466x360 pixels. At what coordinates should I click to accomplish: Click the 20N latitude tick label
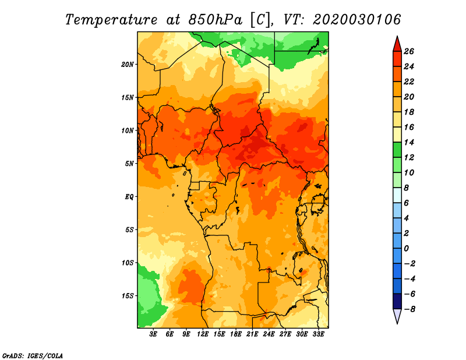pyautogui.click(x=127, y=65)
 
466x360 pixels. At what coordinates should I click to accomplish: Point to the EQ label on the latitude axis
pyautogui.click(x=129, y=197)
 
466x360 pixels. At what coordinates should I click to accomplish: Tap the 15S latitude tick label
pyautogui.click(x=128, y=296)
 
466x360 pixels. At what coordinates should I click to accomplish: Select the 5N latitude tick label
pyautogui.click(x=129, y=164)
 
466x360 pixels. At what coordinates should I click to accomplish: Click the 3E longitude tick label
pyautogui.click(x=153, y=334)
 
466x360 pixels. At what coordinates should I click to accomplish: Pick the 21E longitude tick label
pyautogui.click(x=252, y=334)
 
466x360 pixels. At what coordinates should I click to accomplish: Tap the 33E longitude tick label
pyautogui.click(x=318, y=334)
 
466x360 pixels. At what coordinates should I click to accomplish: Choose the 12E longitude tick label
pyautogui.click(x=203, y=334)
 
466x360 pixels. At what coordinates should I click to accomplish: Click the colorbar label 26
pyautogui.click(x=409, y=51)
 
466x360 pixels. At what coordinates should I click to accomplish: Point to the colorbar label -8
pyautogui.click(x=409, y=309)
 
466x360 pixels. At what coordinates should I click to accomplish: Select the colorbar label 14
pyautogui.click(x=409, y=142)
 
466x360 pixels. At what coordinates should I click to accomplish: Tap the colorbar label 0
pyautogui.click(x=406, y=249)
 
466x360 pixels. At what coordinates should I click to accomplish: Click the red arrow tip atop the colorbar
pyautogui.click(x=397, y=37)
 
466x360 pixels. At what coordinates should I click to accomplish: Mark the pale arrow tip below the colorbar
pyautogui.click(x=397, y=323)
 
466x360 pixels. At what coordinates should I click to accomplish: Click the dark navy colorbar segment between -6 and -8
pyautogui.click(x=397, y=301)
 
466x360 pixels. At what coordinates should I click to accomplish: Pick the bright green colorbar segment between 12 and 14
pyautogui.click(x=397, y=150)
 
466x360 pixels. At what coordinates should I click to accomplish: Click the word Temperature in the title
pyautogui.click(x=111, y=20)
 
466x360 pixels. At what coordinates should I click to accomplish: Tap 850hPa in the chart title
pyautogui.click(x=215, y=20)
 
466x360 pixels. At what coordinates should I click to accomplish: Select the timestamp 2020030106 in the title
pyautogui.click(x=356, y=20)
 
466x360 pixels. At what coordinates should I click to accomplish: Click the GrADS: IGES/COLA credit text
pyautogui.click(x=33, y=356)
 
